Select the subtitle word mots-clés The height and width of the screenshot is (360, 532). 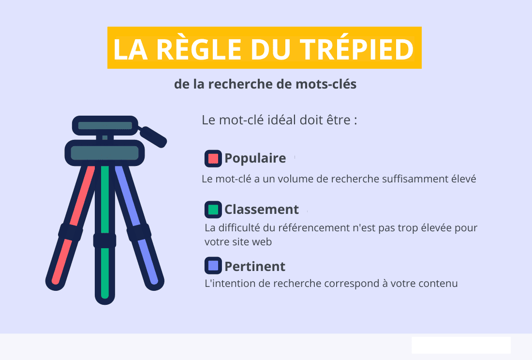325,84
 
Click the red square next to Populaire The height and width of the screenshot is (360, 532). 213,158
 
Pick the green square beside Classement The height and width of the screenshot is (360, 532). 213,210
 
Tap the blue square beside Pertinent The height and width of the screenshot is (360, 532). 213,266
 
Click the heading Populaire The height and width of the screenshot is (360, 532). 255,158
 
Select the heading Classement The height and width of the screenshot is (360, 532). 262,210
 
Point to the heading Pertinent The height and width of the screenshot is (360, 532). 255,266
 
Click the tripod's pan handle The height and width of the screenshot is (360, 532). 153,136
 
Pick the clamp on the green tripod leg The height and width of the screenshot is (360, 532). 105,240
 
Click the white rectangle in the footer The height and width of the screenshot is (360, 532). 461,345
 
